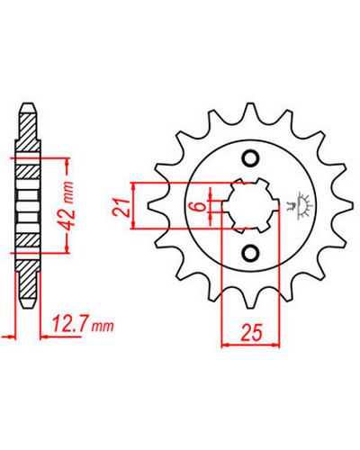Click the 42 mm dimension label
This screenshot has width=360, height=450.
(68, 205)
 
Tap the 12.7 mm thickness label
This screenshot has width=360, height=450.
(83, 324)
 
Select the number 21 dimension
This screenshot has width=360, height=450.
(121, 207)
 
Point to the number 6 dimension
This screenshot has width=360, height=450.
(200, 206)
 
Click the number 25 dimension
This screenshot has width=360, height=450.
(251, 332)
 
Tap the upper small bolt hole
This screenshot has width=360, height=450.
(250, 157)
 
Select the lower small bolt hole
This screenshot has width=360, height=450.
(250, 254)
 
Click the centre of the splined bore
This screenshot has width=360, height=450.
(250, 206)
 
